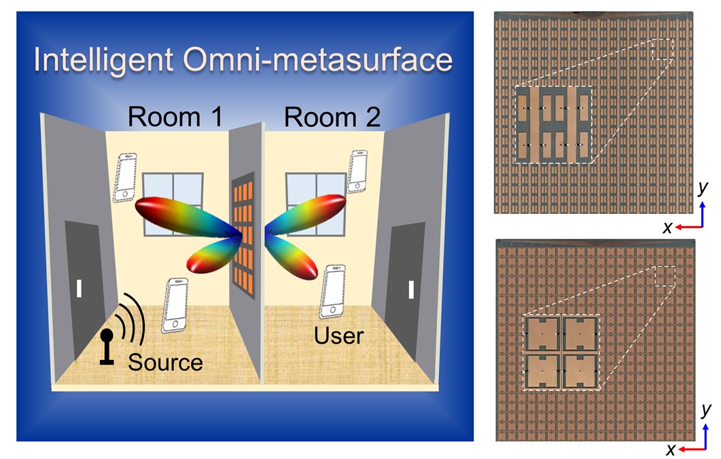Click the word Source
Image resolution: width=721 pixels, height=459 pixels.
coord(165,361)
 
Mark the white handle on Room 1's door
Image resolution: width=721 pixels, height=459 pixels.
coord(80,289)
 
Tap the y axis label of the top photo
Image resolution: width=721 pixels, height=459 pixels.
coord(704,189)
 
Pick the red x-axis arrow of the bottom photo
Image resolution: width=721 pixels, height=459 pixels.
coord(689,449)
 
